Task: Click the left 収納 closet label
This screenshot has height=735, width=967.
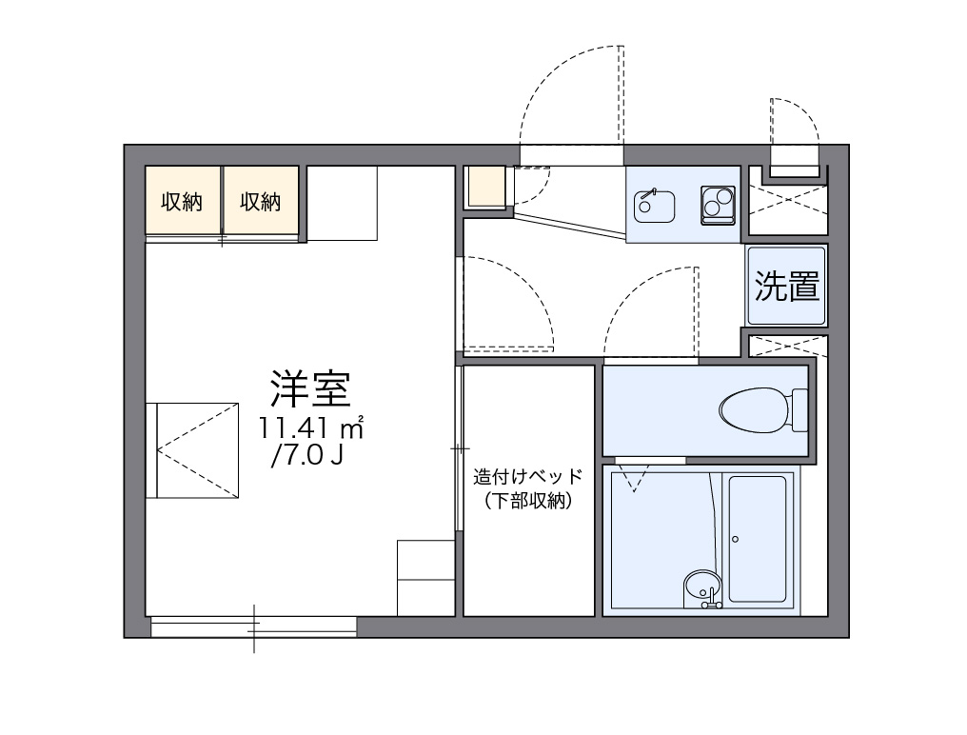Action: (x=182, y=201)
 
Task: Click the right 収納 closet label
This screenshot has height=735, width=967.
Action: (x=260, y=201)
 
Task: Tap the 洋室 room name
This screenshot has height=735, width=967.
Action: (x=311, y=387)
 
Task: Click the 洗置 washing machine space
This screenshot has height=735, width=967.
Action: (x=787, y=286)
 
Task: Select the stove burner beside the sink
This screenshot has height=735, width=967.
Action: (x=718, y=204)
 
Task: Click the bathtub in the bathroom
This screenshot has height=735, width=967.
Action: (x=758, y=539)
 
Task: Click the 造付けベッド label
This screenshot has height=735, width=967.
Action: (x=527, y=477)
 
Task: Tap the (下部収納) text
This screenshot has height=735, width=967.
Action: (x=527, y=502)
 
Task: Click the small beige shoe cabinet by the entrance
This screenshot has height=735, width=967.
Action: (x=485, y=187)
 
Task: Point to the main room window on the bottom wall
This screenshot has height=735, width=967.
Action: (x=253, y=626)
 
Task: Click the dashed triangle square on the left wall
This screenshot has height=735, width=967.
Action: (x=192, y=448)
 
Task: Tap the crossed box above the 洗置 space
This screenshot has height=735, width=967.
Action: (x=787, y=203)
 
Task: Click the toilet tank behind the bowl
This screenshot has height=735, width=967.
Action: (x=799, y=410)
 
